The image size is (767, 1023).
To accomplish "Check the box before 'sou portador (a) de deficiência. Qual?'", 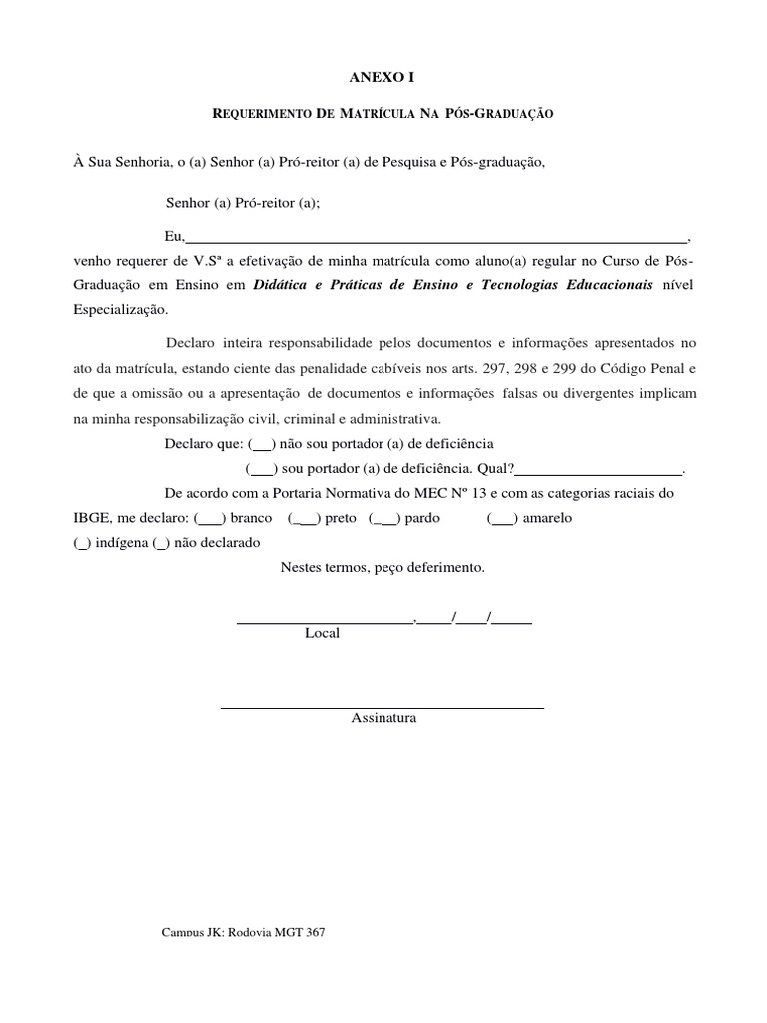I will pyautogui.click(x=261, y=467).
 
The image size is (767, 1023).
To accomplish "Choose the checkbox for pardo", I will pyautogui.click(x=384, y=519).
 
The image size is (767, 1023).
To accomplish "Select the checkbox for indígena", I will pyautogui.click(x=81, y=543).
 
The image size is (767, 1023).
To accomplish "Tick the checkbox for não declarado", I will pyautogui.click(x=160, y=543).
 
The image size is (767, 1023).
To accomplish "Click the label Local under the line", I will pyautogui.click(x=322, y=633).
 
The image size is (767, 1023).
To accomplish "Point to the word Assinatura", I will pyautogui.click(x=383, y=718).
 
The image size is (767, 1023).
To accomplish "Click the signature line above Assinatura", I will pyautogui.click(x=382, y=707).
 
